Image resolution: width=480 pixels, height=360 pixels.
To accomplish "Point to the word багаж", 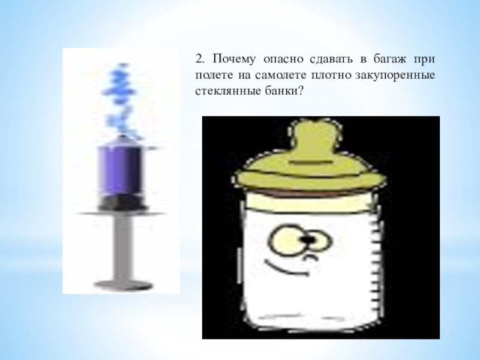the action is coord(389,59).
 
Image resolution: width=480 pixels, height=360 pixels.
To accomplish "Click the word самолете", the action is coord(280,76).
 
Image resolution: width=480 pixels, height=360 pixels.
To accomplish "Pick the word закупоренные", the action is coord(395,76).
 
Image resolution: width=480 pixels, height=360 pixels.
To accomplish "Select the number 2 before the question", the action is coord(200,59).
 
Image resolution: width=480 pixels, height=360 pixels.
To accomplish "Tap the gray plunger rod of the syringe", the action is coord(123,247).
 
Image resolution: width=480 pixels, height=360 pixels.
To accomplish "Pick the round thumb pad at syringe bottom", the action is coord(123,286).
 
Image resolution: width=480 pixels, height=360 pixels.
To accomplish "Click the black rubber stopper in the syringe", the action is coord(121,203).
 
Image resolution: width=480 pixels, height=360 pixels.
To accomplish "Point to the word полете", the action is coord(214,76).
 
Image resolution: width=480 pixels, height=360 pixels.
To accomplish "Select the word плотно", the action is coord(332,76).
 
